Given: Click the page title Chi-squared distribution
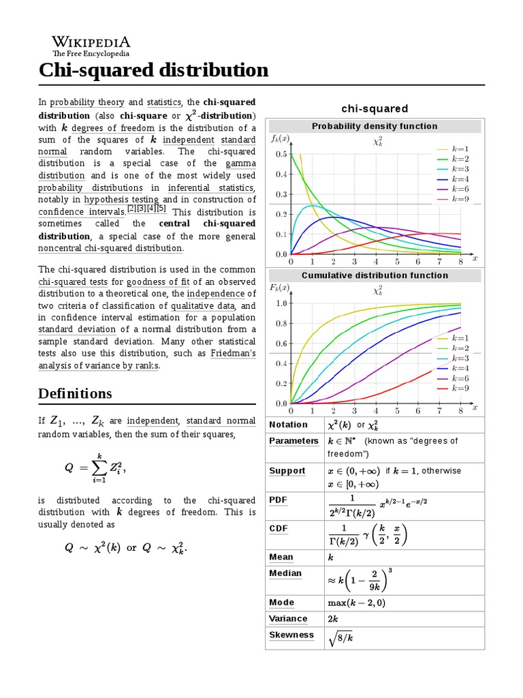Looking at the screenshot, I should [x=153, y=70].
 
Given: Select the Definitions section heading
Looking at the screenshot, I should [x=75, y=393].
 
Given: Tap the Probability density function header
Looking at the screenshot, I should [x=375, y=126].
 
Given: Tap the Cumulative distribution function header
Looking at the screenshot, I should [x=375, y=275].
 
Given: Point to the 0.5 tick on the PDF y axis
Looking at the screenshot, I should [x=281, y=154].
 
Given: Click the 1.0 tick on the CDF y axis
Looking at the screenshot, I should [x=281, y=303].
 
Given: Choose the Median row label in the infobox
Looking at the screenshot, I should [x=285, y=573].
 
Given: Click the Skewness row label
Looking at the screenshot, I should [x=291, y=635].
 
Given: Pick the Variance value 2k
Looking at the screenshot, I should [x=333, y=619].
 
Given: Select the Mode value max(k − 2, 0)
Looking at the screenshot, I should [x=356, y=603].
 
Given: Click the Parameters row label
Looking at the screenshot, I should [x=294, y=441].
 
